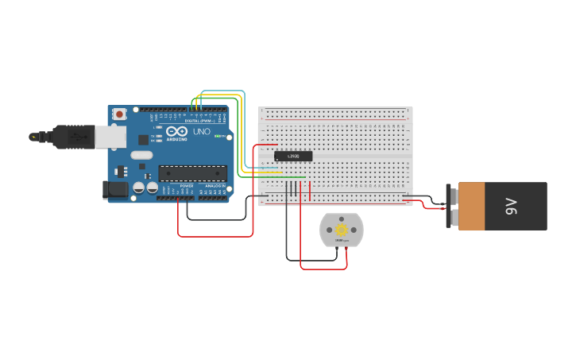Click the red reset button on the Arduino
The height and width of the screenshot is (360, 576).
119,114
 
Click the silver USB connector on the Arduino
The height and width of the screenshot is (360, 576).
110,137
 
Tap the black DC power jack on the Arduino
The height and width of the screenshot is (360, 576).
115,189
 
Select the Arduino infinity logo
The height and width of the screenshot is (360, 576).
176,131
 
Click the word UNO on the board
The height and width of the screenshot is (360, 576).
202,131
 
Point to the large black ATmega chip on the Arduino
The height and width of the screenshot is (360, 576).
192,172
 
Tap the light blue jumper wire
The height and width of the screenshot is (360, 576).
222,91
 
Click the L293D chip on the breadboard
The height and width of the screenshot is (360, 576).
293,156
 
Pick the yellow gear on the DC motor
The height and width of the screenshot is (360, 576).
342,230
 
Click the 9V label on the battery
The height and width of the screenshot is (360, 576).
512,207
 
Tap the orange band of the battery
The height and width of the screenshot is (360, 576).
471,207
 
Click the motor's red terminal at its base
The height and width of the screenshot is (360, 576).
346,248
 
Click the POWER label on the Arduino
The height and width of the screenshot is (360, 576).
187,185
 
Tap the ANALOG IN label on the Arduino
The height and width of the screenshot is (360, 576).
215,185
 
